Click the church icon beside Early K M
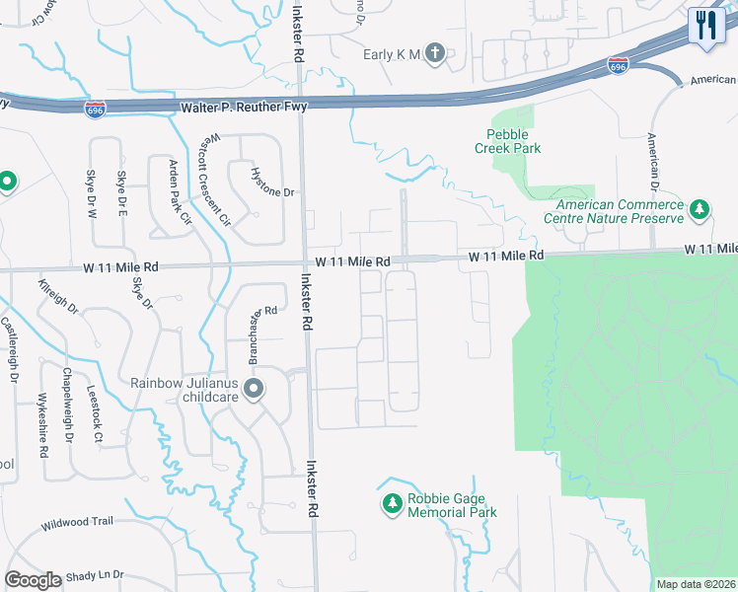pyautogui.click(x=435, y=54)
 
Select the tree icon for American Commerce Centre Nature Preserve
pyautogui.click(x=700, y=209)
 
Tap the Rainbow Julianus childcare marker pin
pyautogui.click(x=254, y=390)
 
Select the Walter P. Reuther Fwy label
pyautogui.click(x=244, y=106)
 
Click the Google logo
pyautogui.click(x=34, y=580)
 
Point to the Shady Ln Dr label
pyautogui.click(x=90, y=574)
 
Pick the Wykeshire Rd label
pyautogui.click(x=42, y=424)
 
